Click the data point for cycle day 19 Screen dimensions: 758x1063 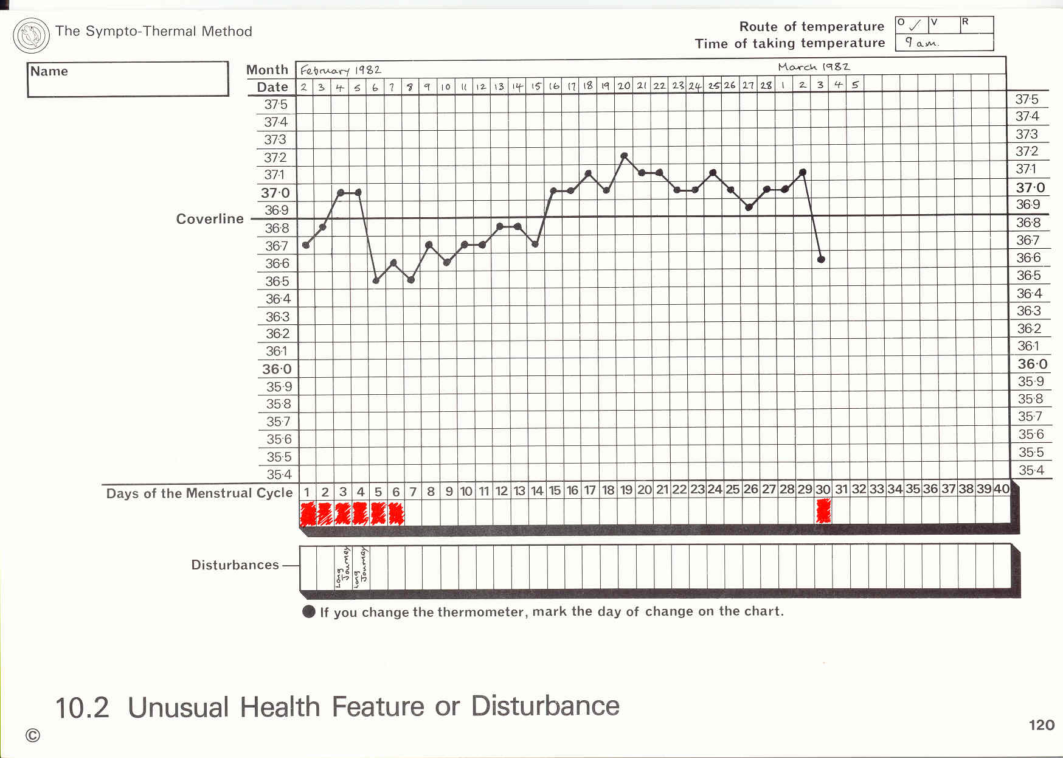tap(625, 156)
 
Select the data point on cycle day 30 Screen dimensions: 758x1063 tap(821, 260)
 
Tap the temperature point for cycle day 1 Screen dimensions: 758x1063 tap(306, 245)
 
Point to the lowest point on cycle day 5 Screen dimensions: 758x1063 tap(376, 280)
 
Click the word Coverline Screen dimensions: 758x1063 tap(210, 219)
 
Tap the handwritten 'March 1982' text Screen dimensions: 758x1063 tap(814, 67)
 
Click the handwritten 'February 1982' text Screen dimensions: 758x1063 tap(341, 70)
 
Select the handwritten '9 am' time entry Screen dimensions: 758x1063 tap(921, 43)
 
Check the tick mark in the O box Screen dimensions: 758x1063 tap(915, 25)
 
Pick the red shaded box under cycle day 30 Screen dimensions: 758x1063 tap(823, 511)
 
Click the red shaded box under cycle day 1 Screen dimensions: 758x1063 tap(308, 513)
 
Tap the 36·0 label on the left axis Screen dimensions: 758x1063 tap(277, 369)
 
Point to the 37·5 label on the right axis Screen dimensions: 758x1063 tap(1027, 99)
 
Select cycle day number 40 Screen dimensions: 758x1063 tap(1002, 489)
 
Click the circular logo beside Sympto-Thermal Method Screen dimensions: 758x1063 tap(31, 35)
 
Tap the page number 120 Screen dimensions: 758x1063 tap(1041, 725)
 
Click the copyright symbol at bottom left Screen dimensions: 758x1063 tap(33, 735)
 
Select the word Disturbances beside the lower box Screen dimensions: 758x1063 tap(235, 565)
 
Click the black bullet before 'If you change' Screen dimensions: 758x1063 tap(309, 612)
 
